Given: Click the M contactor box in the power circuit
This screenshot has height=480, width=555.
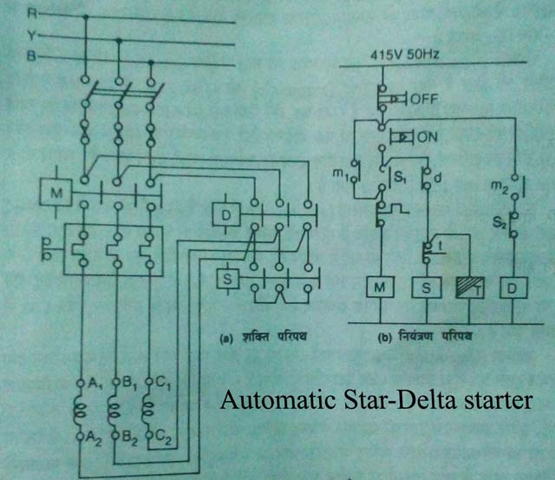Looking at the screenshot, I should point(55,194).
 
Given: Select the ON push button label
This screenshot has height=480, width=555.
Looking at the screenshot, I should point(428,138).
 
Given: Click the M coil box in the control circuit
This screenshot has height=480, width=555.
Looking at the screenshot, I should point(379,286).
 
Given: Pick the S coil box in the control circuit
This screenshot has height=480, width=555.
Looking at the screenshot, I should point(426,286).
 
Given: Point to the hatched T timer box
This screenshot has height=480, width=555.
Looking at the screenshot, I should point(468,286).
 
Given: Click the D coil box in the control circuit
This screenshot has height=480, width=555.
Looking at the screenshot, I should point(514,286).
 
